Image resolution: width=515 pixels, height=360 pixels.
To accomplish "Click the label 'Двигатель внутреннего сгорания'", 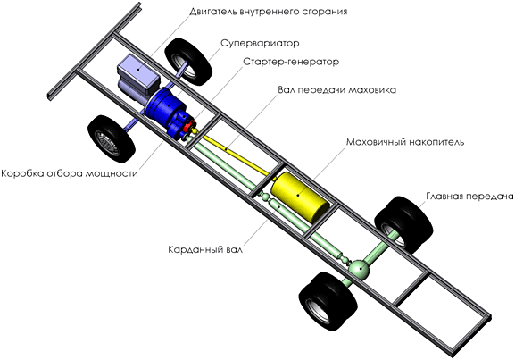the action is pyautogui.click(x=269, y=12).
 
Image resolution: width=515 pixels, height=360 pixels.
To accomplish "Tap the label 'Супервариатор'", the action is pyautogui.click(x=260, y=43).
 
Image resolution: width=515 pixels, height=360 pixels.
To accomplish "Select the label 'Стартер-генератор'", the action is pyautogui.click(x=291, y=62).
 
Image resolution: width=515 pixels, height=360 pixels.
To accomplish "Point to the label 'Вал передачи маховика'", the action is pyautogui.click(x=337, y=89).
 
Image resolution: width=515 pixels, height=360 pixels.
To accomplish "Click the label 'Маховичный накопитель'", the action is pyautogui.click(x=405, y=142).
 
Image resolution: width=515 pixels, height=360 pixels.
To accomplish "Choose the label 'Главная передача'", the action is pyautogui.click(x=469, y=196).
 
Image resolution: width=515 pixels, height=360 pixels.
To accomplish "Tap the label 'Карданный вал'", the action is pyautogui.click(x=205, y=249).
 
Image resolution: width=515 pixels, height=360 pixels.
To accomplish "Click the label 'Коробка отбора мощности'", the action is pyautogui.click(x=70, y=173).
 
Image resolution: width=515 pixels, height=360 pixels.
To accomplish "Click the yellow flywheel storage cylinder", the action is pyautogui.click(x=300, y=196).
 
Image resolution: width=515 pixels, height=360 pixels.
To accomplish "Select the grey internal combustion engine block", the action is pyautogui.click(x=138, y=77).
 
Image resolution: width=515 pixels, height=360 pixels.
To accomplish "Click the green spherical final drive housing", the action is pyautogui.click(x=359, y=270).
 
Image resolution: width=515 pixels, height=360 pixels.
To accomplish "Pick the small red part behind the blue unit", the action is pyautogui.click(x=188, y=127).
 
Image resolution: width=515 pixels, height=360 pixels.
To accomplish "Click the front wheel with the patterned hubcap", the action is pyautogui.click(x=112, y=138).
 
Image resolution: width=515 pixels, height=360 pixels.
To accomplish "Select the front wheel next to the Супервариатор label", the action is pyautogui.click(x=187, y=62).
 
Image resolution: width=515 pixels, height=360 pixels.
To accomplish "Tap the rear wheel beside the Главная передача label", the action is pyautogui.click(x=403, y=224).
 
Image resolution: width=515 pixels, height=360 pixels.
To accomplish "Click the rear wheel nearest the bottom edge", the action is pyautogui.click(x=328, y=301).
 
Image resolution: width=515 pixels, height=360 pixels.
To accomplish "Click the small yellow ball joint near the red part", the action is pyautogui.click(x=195, y=131).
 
